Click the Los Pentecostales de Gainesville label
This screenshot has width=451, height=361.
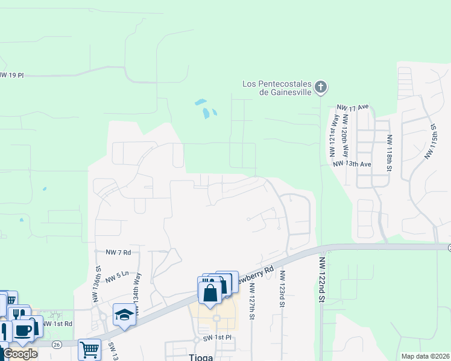[277, 88]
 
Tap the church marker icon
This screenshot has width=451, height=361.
[321, 88]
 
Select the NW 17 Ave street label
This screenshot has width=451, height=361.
[353, 107]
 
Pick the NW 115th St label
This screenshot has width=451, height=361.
[430, 141]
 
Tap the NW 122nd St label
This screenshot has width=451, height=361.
[322, 280]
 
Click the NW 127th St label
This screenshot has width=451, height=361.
[252, 301]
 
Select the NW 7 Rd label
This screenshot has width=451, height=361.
[118, 252]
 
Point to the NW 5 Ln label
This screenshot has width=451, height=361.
[117, 277]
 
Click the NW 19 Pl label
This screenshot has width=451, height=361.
[11, 75]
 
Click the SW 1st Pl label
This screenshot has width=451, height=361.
[218, 338]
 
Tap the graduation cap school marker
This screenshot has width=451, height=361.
[124, 315]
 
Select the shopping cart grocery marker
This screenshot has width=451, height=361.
[89, 348]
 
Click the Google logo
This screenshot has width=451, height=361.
[20, 354]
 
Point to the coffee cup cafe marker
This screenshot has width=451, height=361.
[25, 330]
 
